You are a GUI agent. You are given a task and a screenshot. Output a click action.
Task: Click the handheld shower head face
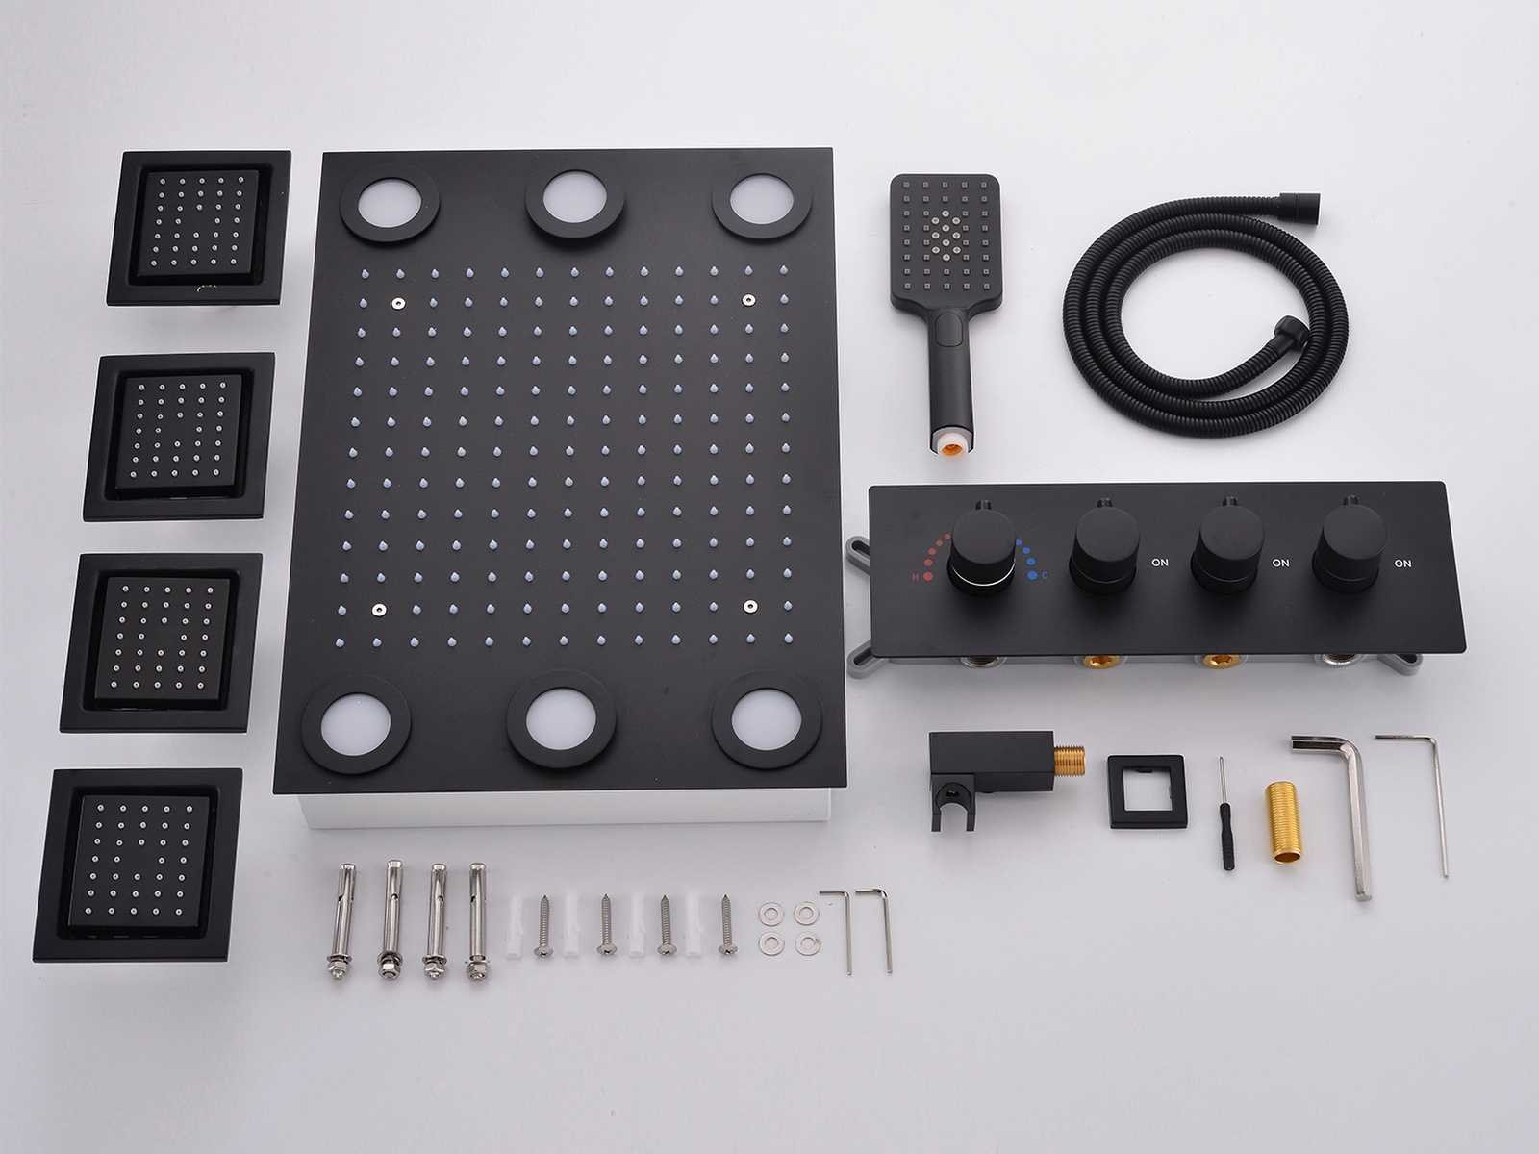click(x=946, y=239)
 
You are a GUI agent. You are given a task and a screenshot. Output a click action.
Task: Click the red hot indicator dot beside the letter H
click(x=927, y=577)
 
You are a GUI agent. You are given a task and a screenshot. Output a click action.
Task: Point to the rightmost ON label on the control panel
click(x=1402, y=564)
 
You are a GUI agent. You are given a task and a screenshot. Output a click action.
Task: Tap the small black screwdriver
click(x=1224, y=814)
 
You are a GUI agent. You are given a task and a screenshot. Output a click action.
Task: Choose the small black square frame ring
click(x=1148, y=791)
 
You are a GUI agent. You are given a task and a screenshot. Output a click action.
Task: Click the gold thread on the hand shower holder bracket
click(x=1070, y=762)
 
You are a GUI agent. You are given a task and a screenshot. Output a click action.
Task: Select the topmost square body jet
click(x=198, y=228)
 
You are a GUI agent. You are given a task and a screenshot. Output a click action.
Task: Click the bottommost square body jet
click(x=138, y=865)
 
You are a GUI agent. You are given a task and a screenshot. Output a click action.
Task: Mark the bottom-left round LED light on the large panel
click(x=356, y=724)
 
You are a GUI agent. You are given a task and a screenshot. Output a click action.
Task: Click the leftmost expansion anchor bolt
click(x=341, y=920)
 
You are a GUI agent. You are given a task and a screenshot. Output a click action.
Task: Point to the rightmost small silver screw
click(x=727, y=925)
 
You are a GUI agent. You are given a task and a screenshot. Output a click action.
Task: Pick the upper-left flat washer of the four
click(x=771, y=914)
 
